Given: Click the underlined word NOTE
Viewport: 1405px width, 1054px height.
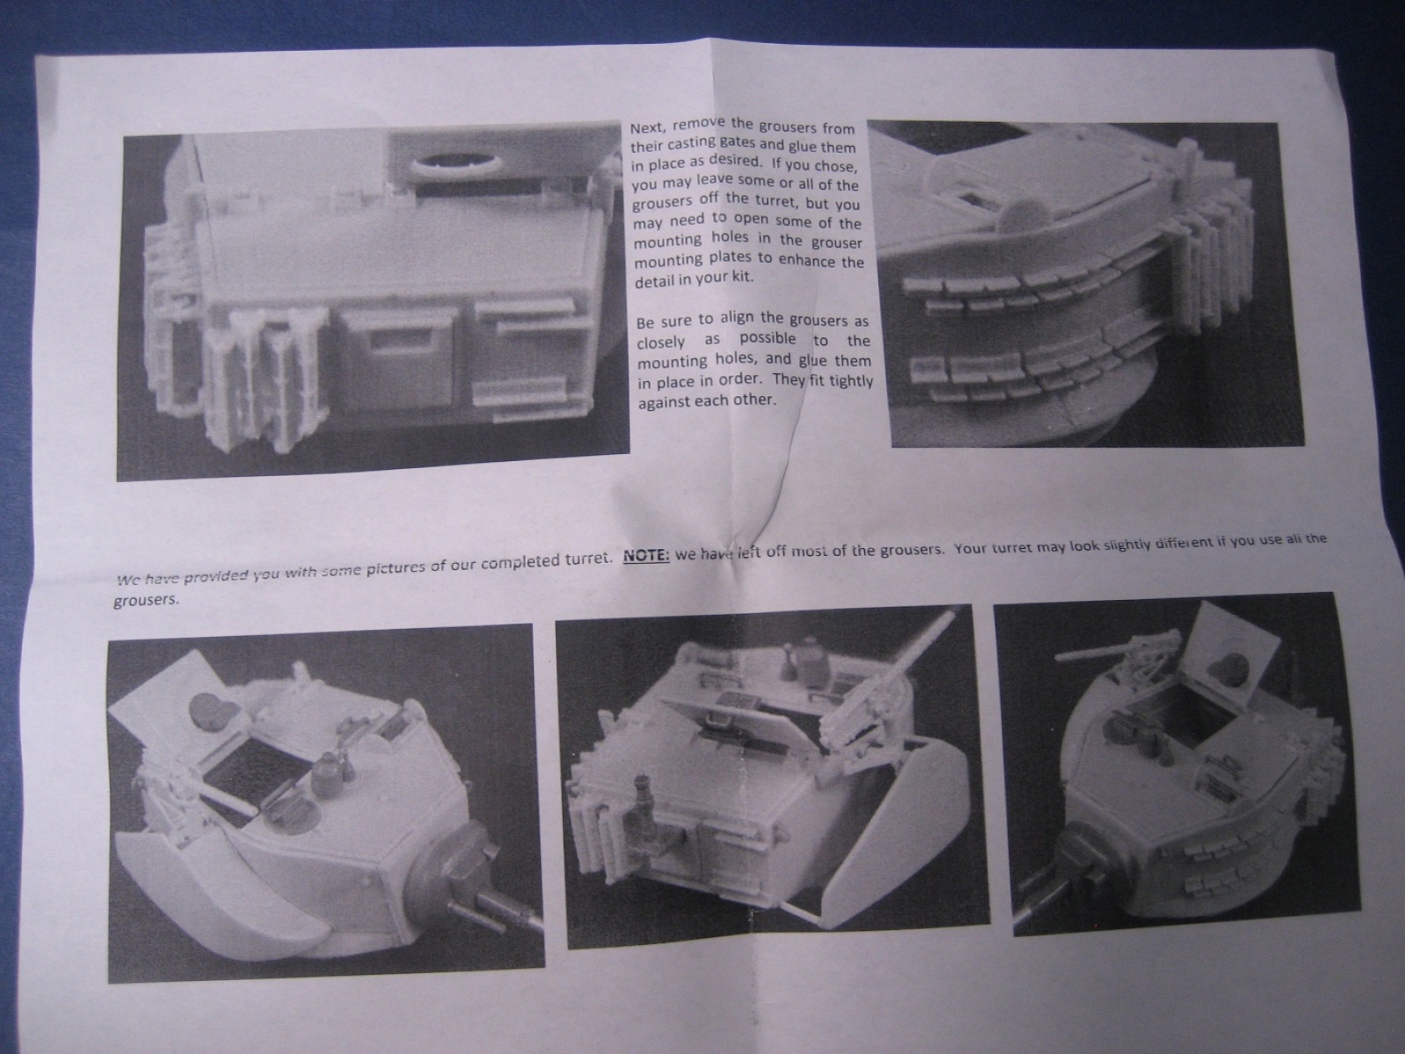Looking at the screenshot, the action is pos(646,555).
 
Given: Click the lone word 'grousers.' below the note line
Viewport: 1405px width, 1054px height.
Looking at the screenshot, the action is pos(146,602).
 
